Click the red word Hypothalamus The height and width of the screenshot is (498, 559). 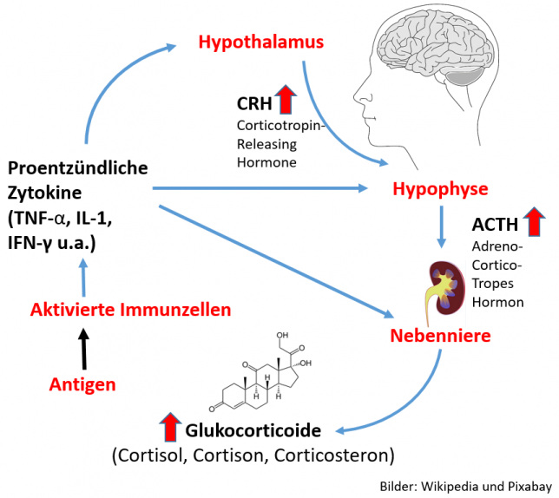point(260,42)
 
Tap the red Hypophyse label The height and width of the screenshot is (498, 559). point(440,189)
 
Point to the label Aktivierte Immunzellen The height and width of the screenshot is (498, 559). point(131,309)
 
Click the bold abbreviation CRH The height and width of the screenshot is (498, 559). point(254,104)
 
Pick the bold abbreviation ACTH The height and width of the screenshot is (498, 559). point(495,225)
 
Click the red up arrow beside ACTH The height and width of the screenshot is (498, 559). point(534,223)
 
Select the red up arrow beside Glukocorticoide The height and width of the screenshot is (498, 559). point(169,429)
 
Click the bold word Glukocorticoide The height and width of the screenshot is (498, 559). point(253,430)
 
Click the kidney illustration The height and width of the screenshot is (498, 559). point(444,285)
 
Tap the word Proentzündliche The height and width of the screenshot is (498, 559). point(77,168)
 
